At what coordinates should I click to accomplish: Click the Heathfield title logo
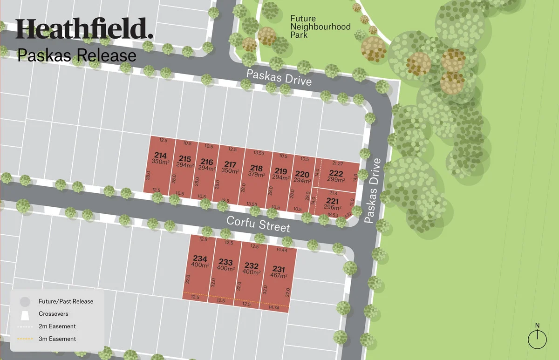coord(84,29)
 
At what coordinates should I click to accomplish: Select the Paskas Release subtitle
coord(77,55)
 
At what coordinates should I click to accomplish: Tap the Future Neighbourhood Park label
coord(320,27)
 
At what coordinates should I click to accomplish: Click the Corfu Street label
coord(258,224)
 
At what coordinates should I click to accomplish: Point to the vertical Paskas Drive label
coord(373,191)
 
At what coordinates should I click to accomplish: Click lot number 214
coord(160,156)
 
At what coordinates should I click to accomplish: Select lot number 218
coord(256,169)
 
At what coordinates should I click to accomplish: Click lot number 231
coord(279,269)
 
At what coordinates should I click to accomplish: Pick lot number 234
coord(199,258)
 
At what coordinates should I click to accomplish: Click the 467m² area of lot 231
coord(279,276)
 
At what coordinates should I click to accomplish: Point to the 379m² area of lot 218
coord(256,175)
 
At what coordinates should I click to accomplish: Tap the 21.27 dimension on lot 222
coord(338,163)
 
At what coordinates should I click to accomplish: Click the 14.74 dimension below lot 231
coord(273,308)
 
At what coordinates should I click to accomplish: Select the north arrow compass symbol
coord(537,337)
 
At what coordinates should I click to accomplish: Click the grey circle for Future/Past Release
coord(25,301)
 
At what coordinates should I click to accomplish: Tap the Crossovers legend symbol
coord(25,314)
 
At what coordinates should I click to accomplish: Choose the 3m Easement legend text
coord(57,339)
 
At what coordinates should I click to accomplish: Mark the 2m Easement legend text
coord(57,326)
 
